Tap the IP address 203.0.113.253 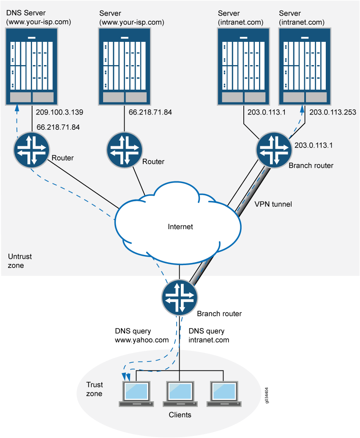333,112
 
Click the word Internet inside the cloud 180,227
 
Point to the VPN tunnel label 273,204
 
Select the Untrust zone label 20,261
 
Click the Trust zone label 94,389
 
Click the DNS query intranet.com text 209,336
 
